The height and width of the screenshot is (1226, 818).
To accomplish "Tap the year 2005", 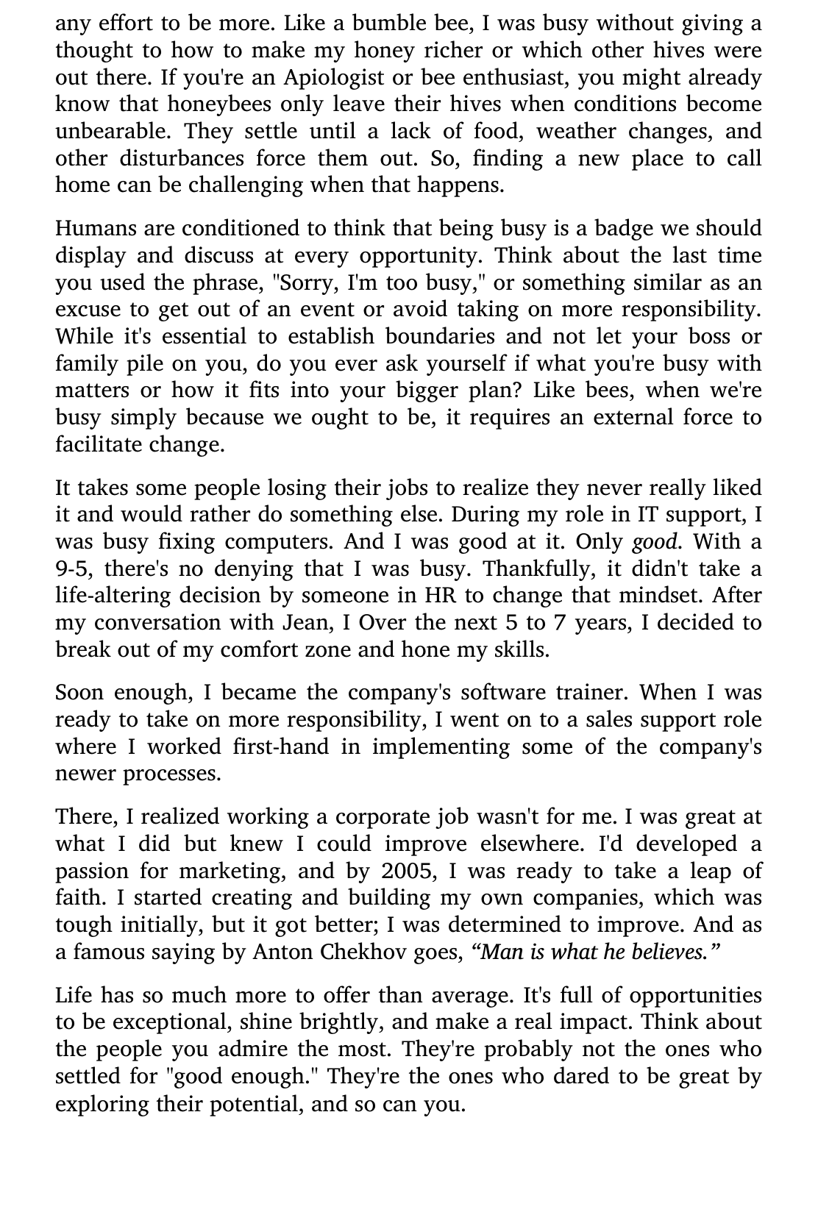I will pyautogui.click(x=407, y=872).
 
